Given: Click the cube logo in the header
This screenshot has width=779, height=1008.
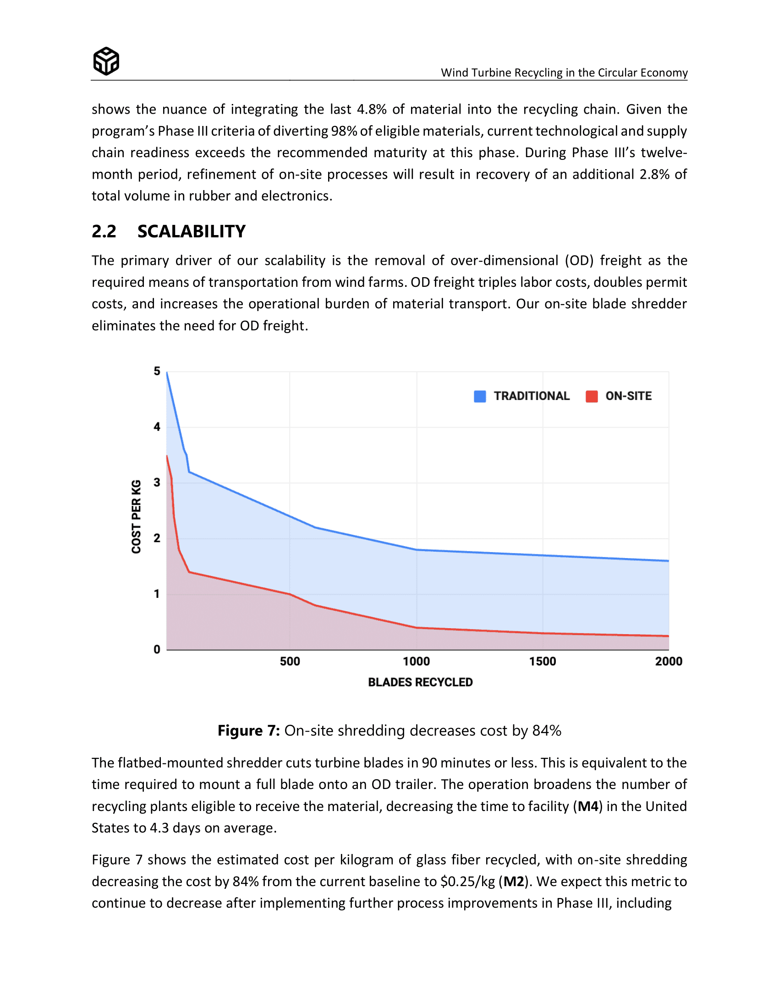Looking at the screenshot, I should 106,61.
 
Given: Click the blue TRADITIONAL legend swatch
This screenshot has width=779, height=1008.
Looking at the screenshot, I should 479,396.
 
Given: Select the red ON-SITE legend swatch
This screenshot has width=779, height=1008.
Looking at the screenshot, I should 591,396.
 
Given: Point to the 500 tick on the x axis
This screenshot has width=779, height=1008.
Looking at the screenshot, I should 290,661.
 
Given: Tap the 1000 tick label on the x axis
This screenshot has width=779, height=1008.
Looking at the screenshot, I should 416,661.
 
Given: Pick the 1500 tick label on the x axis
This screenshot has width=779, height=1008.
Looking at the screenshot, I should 542,661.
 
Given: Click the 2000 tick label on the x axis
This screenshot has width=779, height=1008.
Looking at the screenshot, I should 668,661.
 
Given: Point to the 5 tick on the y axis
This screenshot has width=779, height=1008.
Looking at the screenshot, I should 157,371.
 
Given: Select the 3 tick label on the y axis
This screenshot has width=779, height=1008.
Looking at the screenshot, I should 157,482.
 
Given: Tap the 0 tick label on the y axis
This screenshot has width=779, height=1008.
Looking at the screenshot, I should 157,649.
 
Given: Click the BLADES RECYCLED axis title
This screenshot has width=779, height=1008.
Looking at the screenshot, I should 420,682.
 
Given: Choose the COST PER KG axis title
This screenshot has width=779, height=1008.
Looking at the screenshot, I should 136,516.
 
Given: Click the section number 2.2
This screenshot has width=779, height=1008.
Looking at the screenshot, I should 104,231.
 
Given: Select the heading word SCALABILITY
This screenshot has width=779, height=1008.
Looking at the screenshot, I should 192,231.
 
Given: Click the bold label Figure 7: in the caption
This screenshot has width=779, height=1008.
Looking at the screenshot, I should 249,731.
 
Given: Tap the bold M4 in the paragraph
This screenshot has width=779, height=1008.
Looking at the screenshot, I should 588,806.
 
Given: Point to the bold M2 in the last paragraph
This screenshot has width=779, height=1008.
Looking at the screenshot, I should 514,882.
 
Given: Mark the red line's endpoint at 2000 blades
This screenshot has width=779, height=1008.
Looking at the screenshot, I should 668,636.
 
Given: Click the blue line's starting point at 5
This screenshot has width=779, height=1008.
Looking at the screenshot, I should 167,373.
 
